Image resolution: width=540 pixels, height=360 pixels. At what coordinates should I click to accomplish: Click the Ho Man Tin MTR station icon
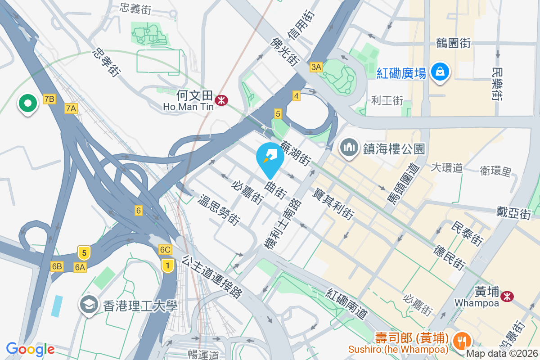[221, 100]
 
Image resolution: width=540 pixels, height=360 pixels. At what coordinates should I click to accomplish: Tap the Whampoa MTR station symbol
[507, 296]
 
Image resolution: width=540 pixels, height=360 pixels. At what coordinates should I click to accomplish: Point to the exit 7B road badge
[49, 99]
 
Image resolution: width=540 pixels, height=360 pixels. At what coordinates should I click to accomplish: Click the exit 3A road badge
[316, 67]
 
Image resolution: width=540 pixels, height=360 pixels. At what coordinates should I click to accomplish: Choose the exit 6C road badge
[165, 250]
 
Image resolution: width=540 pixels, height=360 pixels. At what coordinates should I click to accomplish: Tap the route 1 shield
[167, 265]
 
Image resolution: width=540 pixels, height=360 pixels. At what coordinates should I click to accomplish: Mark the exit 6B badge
[57, 266]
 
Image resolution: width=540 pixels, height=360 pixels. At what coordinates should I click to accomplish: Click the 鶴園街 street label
[453, 43]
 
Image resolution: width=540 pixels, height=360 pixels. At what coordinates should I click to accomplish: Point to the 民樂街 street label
[497, 84]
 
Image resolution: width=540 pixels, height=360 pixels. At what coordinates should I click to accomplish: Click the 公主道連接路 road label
[212, 277]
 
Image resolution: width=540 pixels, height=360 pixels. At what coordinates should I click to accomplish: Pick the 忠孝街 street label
[107, 63]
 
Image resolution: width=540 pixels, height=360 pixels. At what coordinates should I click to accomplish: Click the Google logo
[30, 349]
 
